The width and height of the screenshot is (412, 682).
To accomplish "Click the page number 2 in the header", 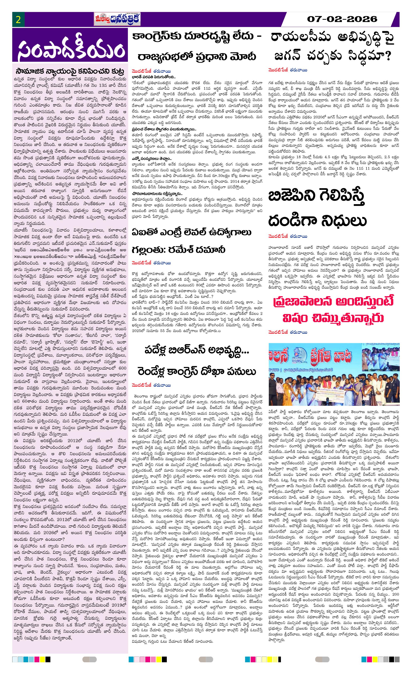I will click(18, 20).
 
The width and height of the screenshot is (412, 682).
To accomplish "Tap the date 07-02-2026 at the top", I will click(342, 19).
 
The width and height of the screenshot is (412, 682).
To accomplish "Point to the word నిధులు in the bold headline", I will click(344, 220).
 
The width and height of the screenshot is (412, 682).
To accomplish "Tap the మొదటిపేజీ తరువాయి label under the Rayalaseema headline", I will click(287, 70).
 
